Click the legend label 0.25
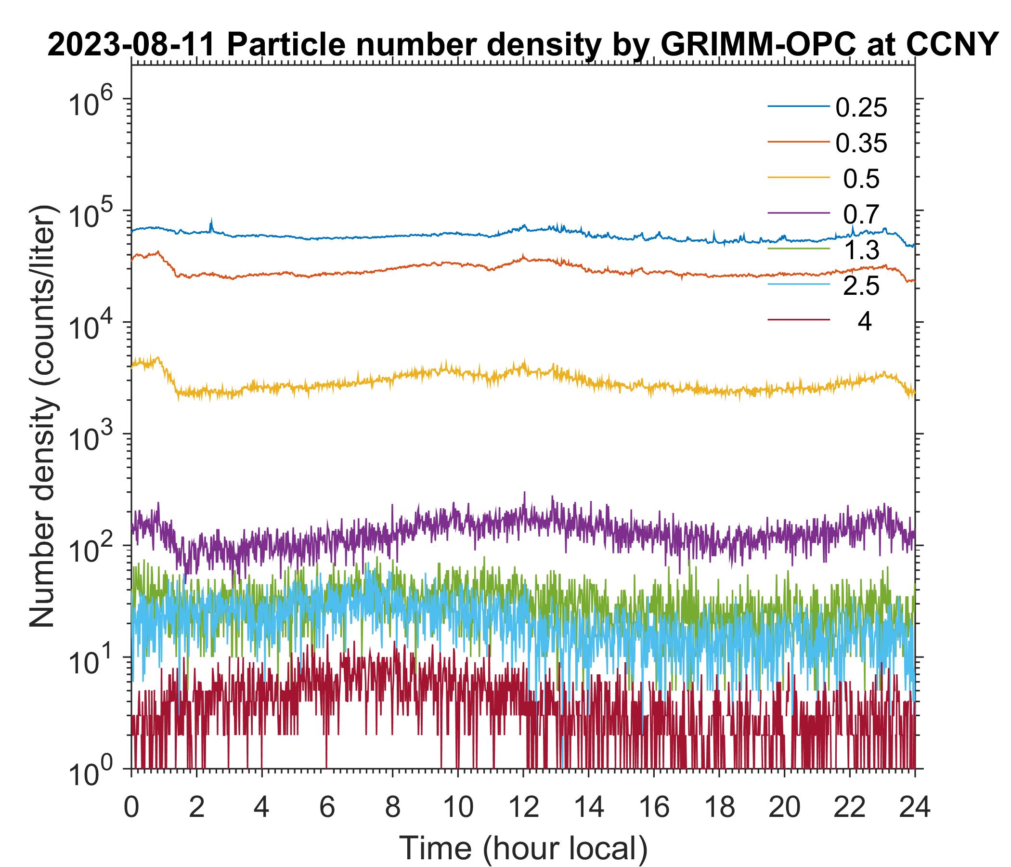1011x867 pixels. (861, 108)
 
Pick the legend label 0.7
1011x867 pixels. (861, 214)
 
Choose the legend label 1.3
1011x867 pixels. (861, 250)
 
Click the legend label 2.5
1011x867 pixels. (861, 287)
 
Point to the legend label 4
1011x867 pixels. (864, 322)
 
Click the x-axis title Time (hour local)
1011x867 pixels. (524, 848)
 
